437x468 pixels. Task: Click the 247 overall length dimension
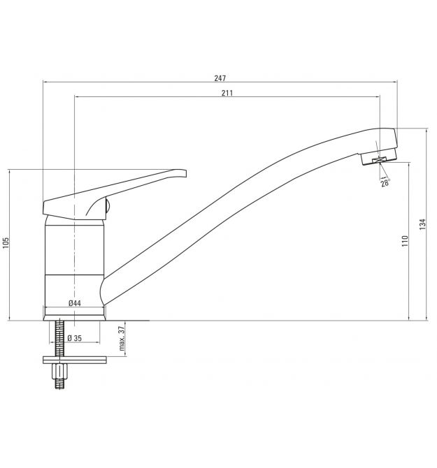[220, 78]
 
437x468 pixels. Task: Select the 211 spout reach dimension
[227, 93]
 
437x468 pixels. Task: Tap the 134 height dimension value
[422, 224]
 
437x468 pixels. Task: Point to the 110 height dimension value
[405, 241]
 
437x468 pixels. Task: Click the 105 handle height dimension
[6, 243]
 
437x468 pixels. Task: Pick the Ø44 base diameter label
[74, 303]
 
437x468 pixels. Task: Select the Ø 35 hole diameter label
[74, 338]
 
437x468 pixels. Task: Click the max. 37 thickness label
[122, 339]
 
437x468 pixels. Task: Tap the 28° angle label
[385, 183]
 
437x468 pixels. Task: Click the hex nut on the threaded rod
[59, 372]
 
